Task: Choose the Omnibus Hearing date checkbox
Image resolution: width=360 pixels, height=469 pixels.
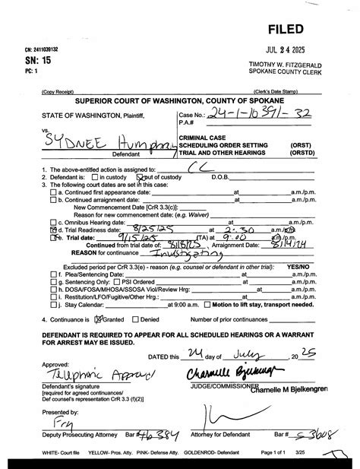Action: click(x=53, y=220)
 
